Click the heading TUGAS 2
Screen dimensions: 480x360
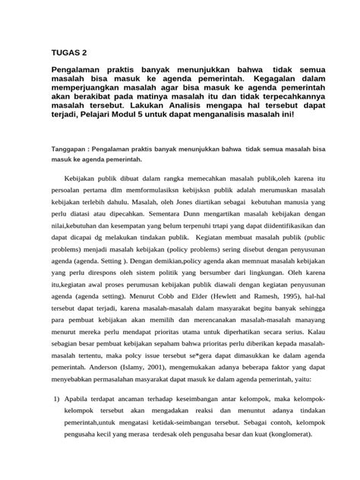click(68, 53)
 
